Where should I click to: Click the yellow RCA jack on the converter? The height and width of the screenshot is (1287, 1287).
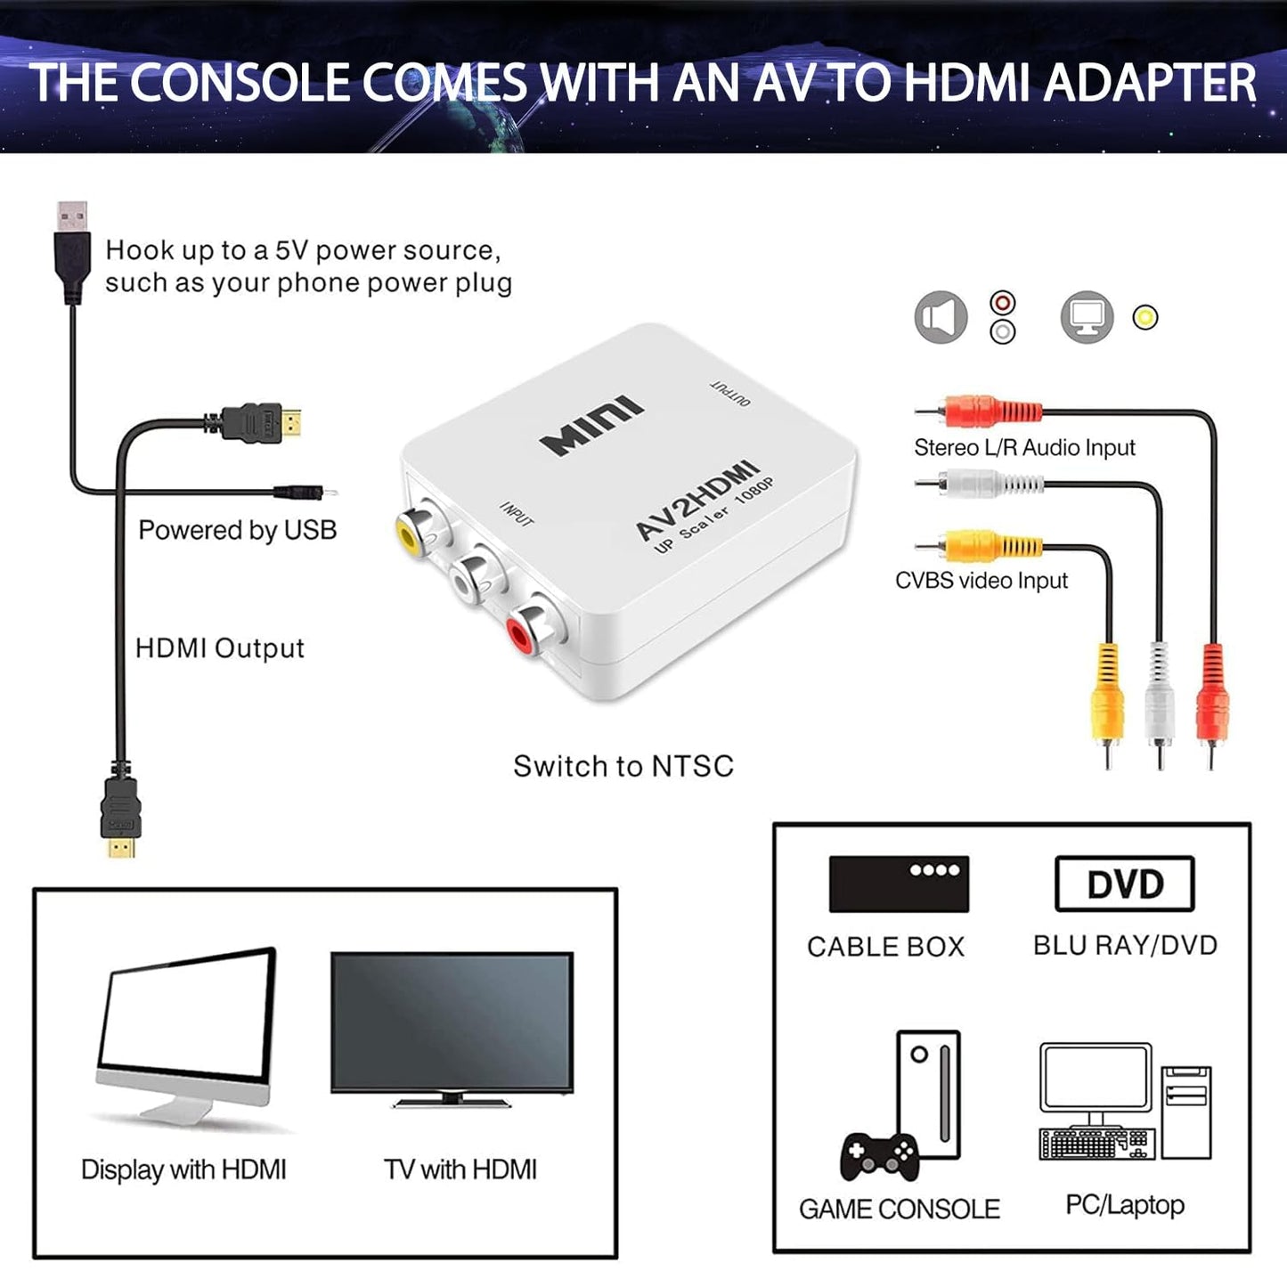point(411,533)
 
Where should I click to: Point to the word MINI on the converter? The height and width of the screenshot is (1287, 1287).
point(591,425)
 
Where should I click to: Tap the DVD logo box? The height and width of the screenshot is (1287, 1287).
point(1124,884)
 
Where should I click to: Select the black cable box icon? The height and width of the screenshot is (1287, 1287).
point(898,884)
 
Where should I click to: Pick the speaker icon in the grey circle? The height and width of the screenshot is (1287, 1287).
point(941,317)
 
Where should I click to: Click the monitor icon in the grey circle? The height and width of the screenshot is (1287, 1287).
point(1087,317)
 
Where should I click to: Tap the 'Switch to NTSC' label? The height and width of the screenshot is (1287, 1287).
point(623,766)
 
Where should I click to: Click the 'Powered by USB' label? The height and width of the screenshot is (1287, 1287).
point(237,530)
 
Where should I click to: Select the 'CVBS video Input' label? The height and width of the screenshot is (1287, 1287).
point(981,581)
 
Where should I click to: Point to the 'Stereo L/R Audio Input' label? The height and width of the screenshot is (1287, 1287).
point(1024,447)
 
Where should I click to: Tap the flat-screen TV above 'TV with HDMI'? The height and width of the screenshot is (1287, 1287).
point(452,1024)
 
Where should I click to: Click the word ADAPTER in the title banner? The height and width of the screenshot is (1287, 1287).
point(1150,83)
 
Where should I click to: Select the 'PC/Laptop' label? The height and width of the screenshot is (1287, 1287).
point(1124,1205)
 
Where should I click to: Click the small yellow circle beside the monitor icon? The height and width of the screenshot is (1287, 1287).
point(1145,317)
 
